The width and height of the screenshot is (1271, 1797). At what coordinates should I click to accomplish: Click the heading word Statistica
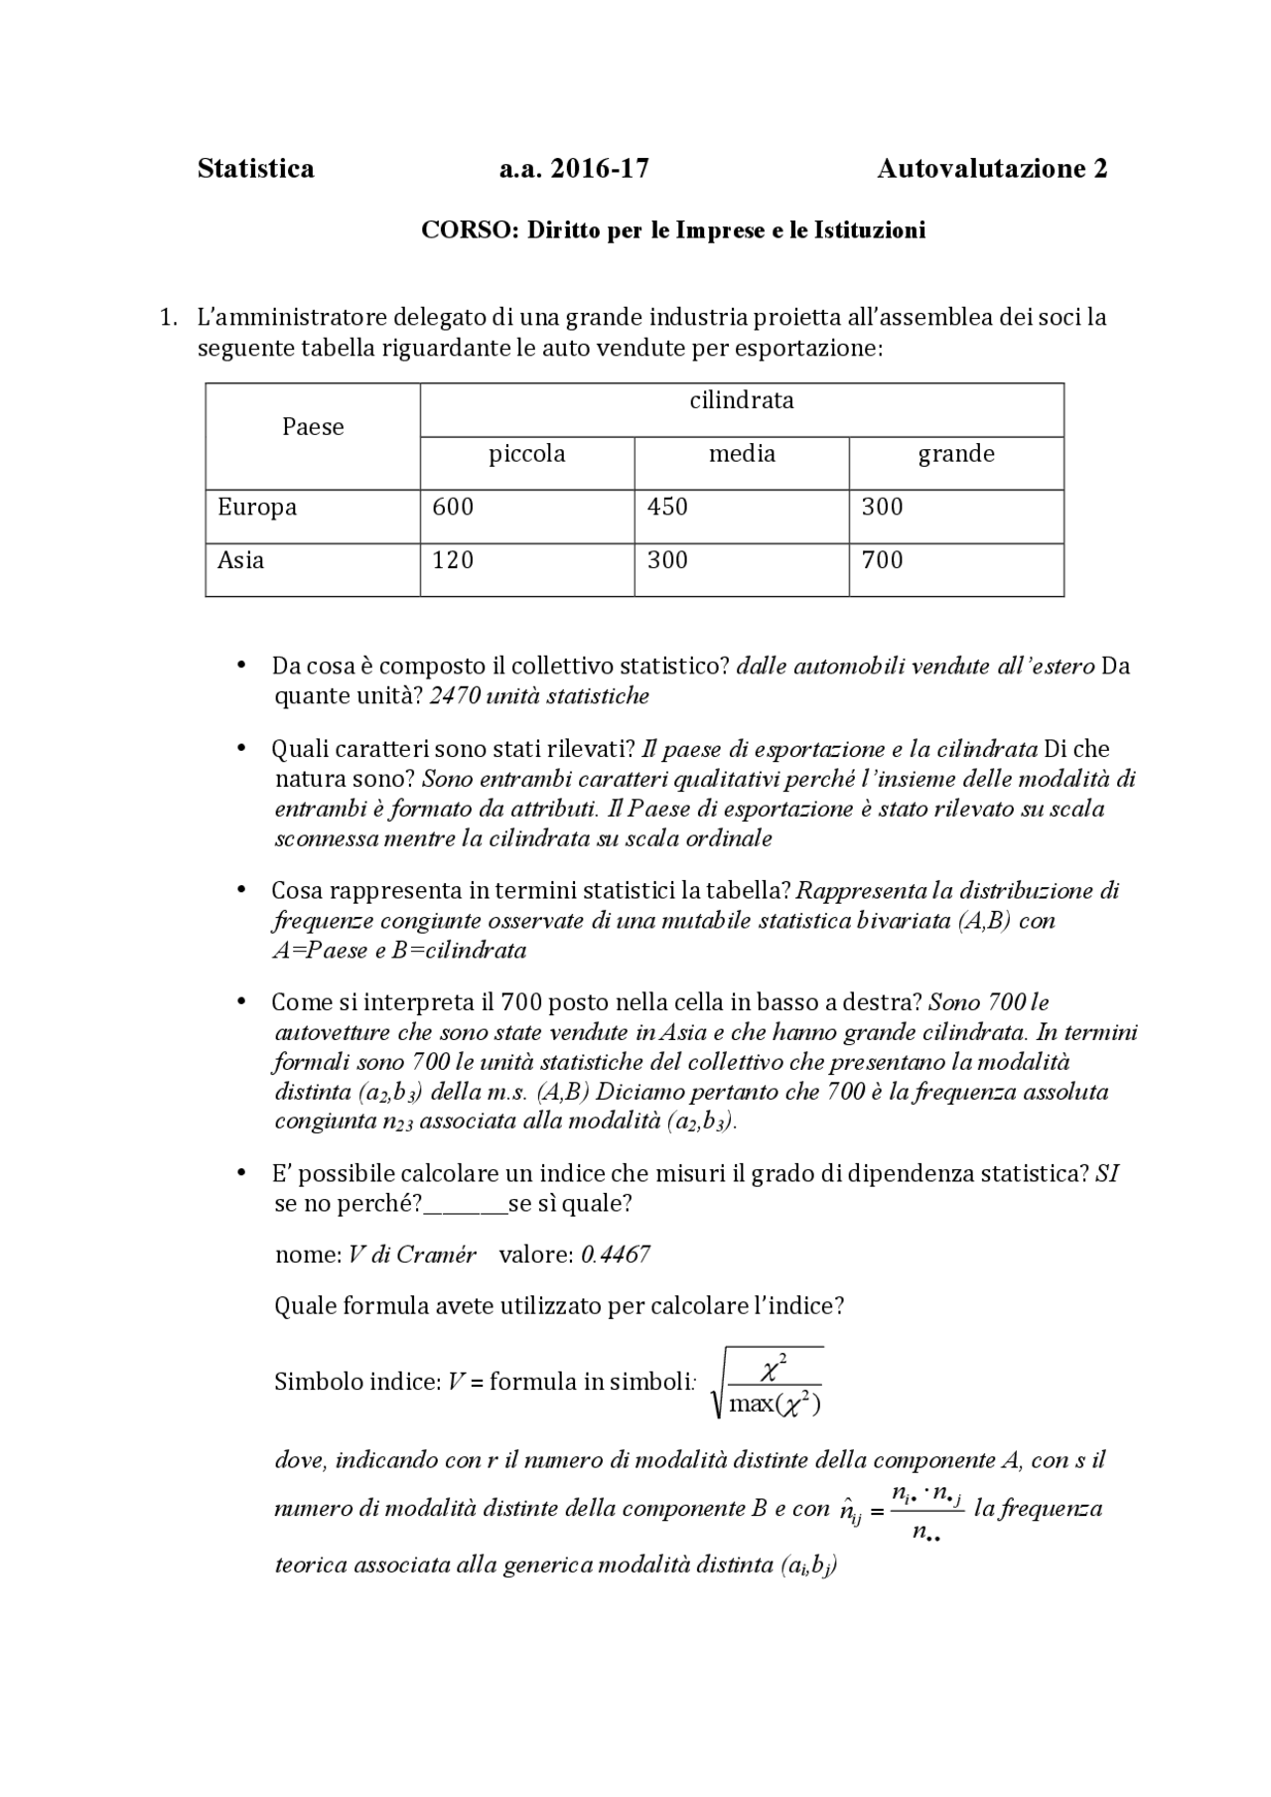click(255, 169)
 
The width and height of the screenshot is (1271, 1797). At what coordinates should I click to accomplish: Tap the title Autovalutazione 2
click(991, 169)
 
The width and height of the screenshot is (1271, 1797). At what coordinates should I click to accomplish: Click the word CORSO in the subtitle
click(470, 230)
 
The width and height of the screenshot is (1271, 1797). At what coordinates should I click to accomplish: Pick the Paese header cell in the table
click(313, 427)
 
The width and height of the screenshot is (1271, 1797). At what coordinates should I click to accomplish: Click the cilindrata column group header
click(742, 400)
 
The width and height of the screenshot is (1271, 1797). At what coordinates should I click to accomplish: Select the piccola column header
click(526, 454)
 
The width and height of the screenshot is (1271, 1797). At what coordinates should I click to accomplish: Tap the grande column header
click(955, 454)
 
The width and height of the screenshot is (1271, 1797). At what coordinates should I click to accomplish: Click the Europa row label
click(257, 507)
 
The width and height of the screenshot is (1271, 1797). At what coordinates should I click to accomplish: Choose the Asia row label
click(241, 560)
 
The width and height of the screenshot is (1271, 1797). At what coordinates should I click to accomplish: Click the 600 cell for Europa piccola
click(453, 507)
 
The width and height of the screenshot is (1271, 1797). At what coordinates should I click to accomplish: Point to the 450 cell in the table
click(667, 507)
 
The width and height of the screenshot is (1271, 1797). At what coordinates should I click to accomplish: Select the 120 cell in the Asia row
click(453, 560)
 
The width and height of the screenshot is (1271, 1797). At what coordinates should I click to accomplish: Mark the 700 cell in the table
click(882, 560)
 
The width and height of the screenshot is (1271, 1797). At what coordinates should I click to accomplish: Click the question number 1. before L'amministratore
click(169, 318)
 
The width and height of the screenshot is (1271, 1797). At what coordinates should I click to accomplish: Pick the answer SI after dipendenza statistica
click(1107, 1174)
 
